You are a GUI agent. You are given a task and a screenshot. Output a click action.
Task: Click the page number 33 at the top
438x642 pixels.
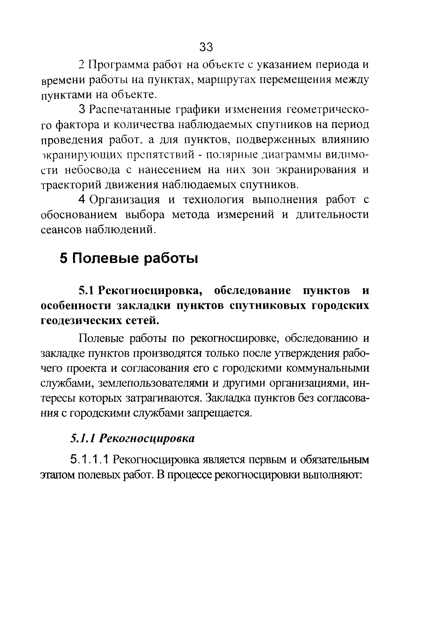coord(206,47)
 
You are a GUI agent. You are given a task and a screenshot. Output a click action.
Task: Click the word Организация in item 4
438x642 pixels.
coord(124,199)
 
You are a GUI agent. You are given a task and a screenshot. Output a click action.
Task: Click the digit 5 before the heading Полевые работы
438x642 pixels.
coord(64,259)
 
